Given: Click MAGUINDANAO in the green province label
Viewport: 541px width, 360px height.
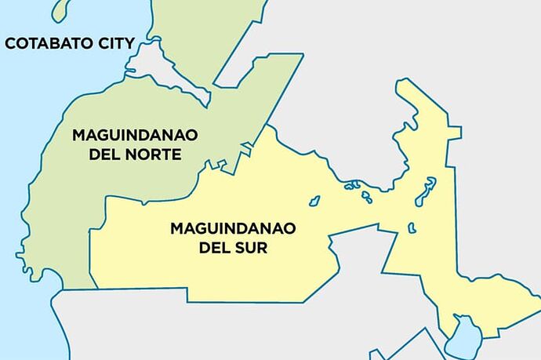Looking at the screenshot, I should pos(135,135).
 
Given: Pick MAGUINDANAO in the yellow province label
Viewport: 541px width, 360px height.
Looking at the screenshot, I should pos(233,229).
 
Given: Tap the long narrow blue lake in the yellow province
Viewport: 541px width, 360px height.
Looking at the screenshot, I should pos(426,191).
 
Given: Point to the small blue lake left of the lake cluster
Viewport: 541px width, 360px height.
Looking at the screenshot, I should pos(314,201).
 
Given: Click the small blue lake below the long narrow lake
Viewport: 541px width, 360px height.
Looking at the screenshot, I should pos(412,227).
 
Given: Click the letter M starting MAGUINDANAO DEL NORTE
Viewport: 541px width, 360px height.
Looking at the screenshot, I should pos(78,135).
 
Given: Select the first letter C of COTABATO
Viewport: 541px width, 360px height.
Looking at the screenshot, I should pos(11,43).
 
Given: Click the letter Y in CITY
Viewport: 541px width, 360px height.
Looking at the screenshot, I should pos(130,43).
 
